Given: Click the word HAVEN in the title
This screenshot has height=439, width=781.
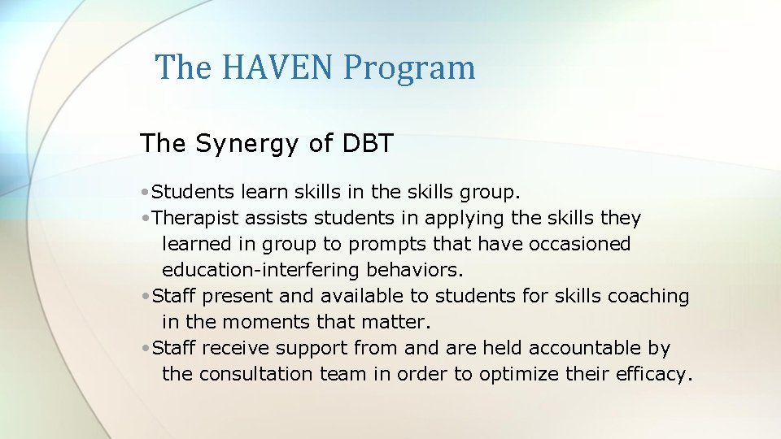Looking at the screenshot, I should point(274,67).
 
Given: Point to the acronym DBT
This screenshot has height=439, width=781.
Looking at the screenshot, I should point(364,143).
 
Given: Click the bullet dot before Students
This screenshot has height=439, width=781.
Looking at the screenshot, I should point(143,193).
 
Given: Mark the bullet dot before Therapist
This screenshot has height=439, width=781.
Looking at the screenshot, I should point(143,219).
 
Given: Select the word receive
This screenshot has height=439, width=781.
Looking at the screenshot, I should point(237,349).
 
